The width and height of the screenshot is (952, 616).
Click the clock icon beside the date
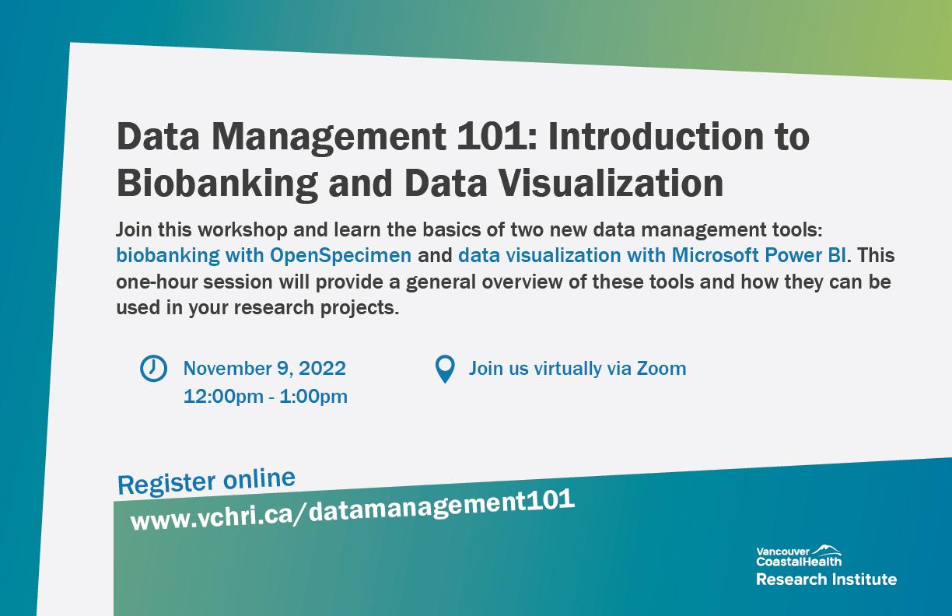(153, 368)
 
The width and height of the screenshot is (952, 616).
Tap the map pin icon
(445, 369)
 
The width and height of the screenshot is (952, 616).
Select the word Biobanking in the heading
(217, 184)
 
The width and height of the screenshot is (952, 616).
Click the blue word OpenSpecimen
(341, 256)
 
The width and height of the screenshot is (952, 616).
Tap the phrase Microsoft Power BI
(758, 255)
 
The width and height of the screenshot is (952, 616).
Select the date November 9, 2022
(264, 368)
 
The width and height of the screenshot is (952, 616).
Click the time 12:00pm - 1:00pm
(265, 396)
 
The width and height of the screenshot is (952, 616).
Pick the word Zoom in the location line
(661, 368)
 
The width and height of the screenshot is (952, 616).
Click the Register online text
(206, 481)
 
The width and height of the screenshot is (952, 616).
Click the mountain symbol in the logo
(826, 550)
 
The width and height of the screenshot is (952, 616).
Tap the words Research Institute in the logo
(826, 579)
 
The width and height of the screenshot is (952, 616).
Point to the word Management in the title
(328, 138)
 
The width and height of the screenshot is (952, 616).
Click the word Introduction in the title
(655, 136)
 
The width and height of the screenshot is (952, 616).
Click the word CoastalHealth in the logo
(799, 562)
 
